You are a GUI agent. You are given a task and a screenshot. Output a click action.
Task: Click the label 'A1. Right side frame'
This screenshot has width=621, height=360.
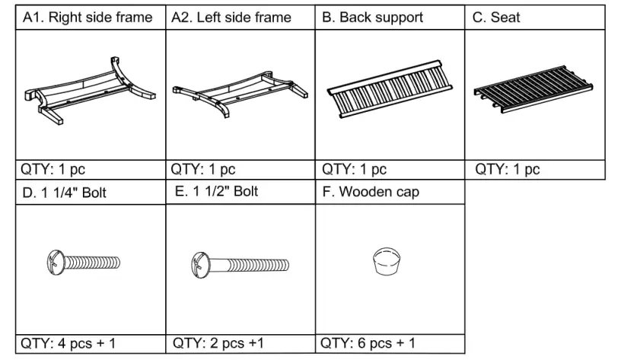coord(87,17)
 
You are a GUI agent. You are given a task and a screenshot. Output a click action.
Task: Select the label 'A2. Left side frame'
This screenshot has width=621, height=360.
coord(232,17)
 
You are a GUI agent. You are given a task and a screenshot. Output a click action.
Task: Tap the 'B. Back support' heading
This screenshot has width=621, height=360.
coord(372,17)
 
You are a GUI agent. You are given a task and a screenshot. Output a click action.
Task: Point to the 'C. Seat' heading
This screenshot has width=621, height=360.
coord(496,17)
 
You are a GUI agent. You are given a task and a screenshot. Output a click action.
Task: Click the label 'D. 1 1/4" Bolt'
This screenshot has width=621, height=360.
coord(64,193)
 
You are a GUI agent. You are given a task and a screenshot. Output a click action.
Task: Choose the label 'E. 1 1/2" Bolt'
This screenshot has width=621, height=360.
coord(216,191)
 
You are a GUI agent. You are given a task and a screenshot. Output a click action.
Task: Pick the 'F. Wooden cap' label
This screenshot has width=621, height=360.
coord(370,192)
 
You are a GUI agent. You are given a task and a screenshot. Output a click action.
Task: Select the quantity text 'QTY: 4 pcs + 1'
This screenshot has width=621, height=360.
coord(68,343)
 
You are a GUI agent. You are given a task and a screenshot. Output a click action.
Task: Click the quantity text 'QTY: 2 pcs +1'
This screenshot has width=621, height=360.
coord(218,343)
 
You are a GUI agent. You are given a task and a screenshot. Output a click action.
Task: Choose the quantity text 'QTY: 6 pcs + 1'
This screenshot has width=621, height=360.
coord(369,343)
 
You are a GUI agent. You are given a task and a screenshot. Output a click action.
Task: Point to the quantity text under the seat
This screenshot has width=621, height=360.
coord(508,169)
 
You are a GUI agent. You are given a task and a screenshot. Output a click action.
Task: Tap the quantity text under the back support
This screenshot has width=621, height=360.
coord(354,169)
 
